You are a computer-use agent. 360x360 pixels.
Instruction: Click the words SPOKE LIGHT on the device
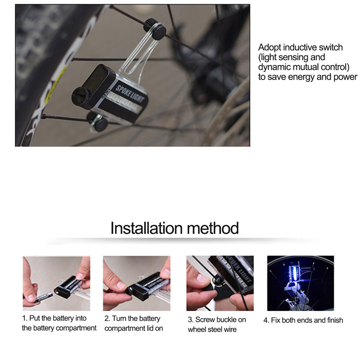[x=130, y=94]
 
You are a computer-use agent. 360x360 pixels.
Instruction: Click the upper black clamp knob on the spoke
[x=155, y=29]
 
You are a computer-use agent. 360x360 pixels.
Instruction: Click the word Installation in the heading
[x=147, y=228]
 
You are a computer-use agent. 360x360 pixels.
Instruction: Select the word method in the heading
[x=213, y=228]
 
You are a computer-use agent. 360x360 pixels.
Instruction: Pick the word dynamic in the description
[x=271, y=67]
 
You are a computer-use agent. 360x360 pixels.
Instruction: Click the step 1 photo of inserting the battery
[x=57, y=283]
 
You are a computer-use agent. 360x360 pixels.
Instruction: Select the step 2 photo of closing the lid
[x=137, y=283]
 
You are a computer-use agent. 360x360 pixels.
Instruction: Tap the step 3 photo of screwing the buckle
[x=220, y=283]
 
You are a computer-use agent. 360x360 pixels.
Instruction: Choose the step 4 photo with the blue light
[x=301, y=283]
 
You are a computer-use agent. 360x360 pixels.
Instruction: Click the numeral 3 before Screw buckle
[x=189, y=320]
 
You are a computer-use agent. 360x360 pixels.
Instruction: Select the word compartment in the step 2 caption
[x=125, y=328]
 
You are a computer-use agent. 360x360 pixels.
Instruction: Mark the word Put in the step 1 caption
[x=35, y=318]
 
